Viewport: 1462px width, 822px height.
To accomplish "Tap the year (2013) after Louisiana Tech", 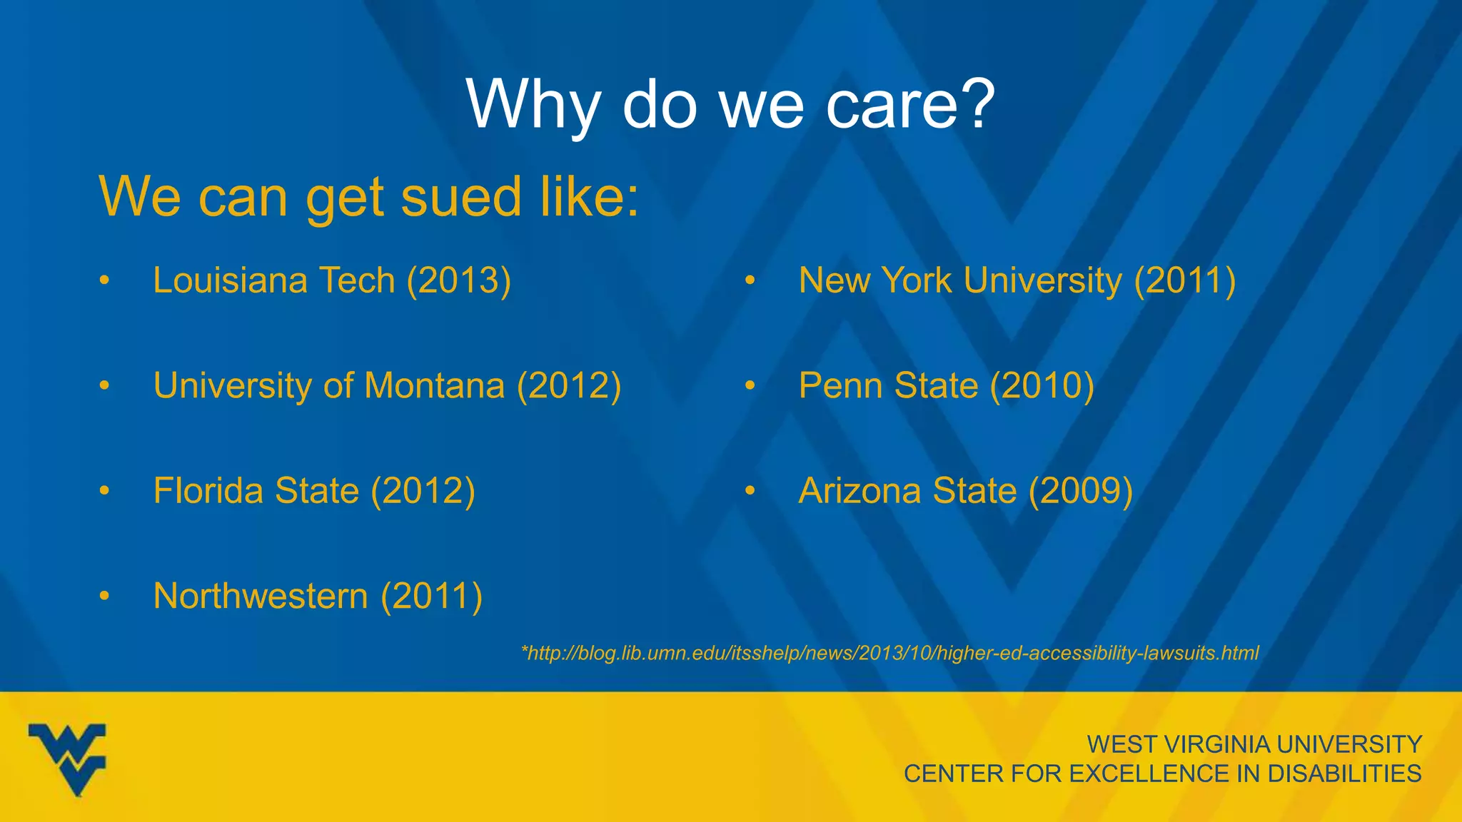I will pos(459,280).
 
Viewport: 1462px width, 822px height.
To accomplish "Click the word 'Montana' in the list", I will pos(435,385).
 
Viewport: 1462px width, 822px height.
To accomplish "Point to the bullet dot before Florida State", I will pos(105,491).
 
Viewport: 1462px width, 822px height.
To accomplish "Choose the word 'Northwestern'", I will pos(261,596).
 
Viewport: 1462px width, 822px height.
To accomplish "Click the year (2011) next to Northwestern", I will pos(432,596).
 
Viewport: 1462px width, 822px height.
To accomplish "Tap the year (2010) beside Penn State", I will pos(1042,385).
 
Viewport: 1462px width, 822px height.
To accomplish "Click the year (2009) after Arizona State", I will pos(1080,491).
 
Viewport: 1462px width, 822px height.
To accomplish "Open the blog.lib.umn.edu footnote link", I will pos(890,653).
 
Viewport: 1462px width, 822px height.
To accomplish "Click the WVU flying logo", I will pos(68,758).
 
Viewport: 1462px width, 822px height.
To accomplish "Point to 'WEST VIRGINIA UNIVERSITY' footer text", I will pos(1254,744).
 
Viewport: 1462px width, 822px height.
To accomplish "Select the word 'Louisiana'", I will pos(230,280).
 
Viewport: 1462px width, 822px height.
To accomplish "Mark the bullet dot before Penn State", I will pos(750,386).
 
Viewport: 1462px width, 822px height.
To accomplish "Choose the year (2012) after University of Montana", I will pos(569,385).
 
